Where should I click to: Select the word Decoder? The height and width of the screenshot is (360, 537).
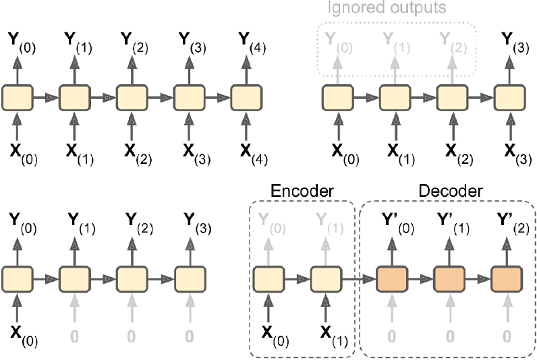click(451, 191)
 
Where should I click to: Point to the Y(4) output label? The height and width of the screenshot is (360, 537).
click(249, 42)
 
